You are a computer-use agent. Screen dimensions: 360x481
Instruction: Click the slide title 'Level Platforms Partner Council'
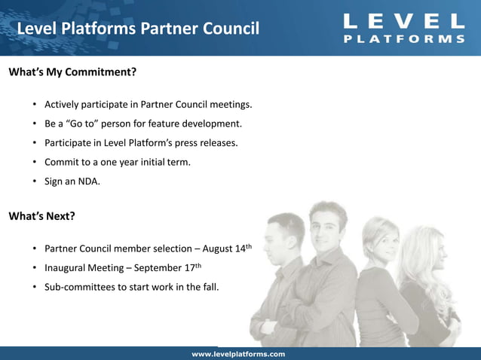point(138,29)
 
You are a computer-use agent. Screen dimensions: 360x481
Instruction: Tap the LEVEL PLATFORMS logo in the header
point(404,28)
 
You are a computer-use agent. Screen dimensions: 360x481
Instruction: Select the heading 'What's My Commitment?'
point(72,73)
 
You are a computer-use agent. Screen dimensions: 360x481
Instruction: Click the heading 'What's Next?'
point(41,216)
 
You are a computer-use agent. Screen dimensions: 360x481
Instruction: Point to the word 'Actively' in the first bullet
point(63,104)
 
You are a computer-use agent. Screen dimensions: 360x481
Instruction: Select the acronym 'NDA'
point(88,182)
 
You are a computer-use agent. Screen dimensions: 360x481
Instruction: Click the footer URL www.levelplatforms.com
point(238,354)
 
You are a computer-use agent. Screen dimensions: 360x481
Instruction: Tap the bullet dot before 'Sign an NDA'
point(35,182)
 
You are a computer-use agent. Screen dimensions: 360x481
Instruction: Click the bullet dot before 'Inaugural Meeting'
point(35,268)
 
